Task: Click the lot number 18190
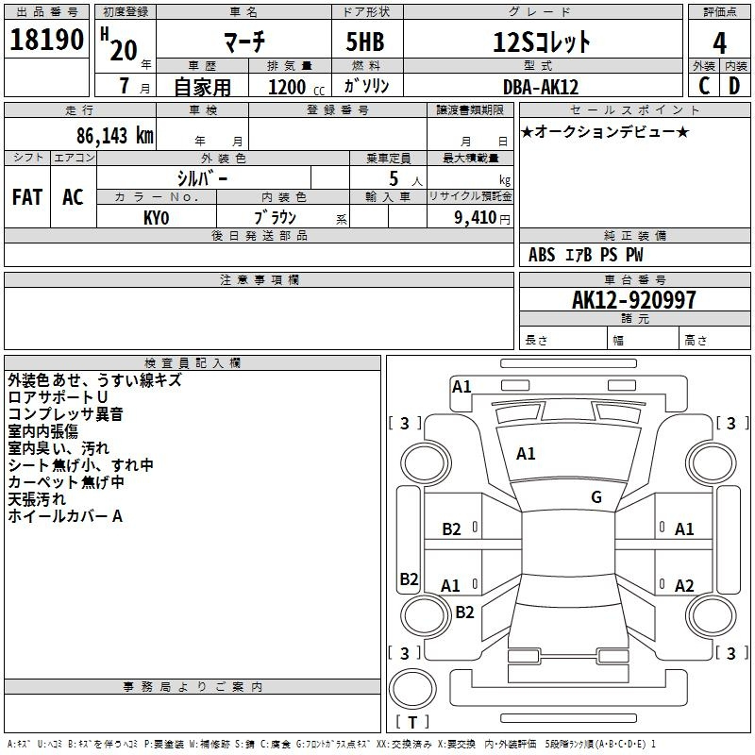(46, 40)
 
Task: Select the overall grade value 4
(719, 43)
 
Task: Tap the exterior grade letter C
(704, 86)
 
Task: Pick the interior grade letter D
(734, 86)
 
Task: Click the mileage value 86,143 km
(115, 136)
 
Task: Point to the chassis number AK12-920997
(633, 300)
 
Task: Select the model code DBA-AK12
(540, 87)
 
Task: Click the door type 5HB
(365, 42)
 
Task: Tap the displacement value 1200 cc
(296, 87)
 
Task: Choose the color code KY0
(156, 218)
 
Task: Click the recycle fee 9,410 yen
(482, 218)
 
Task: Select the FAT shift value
(27, 197)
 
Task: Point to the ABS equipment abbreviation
(542, 255)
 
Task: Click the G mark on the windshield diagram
(596, 497)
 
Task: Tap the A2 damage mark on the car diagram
(684, 585)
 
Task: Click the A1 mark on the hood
(526, 454)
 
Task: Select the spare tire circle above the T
(412, 689)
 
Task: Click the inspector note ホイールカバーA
(65, 516)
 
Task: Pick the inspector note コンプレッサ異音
(65, 414)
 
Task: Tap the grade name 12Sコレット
(541, 42)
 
